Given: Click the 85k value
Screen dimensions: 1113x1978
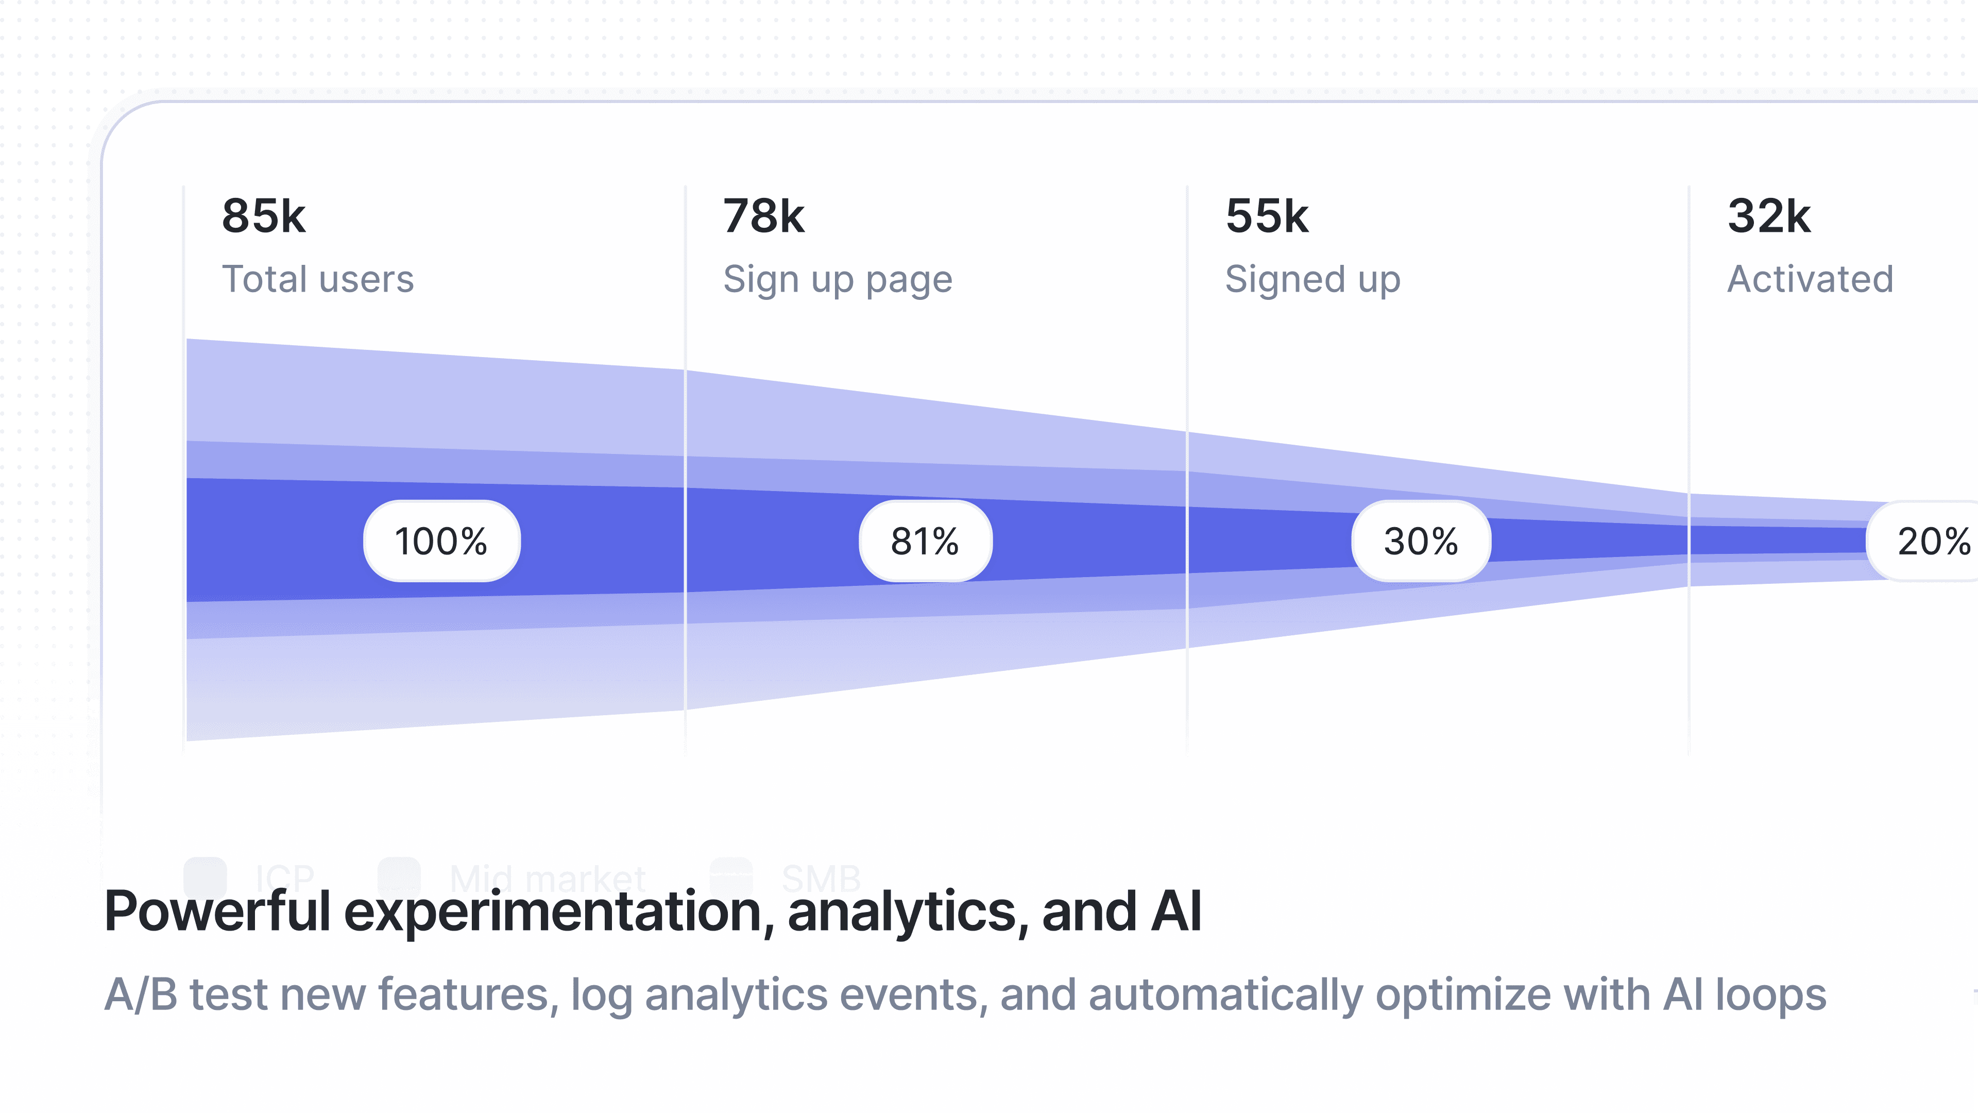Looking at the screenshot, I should (x=263, y=216).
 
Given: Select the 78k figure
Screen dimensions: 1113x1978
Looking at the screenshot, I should (x=763, y=216).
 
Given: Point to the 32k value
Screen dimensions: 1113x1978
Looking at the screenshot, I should (x=1768, y=216).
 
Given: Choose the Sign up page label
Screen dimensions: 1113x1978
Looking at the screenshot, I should (x=838, y=280).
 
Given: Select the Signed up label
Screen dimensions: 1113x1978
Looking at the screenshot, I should (x=1312, y=280).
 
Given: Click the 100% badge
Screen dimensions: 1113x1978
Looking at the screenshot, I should (x=441, y=542).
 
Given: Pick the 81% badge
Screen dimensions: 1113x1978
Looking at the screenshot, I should (x=925, y=542).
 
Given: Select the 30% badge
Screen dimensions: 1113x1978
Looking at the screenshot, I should (x=1421, y=542).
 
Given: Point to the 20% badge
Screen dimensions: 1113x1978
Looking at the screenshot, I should (x=1931, y=542).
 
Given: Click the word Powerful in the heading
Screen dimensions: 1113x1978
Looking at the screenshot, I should (x=217, y=912).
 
